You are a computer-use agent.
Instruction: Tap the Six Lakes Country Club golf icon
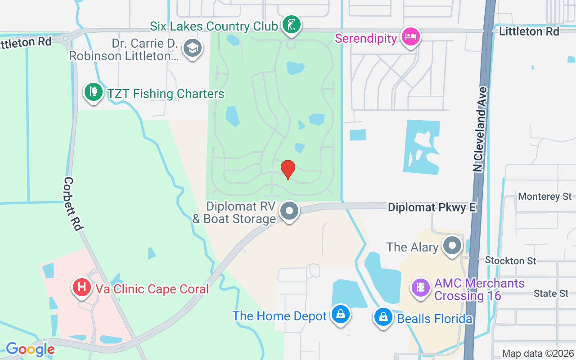tap(291, 25)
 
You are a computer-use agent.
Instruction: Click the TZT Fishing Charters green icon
tap(93, 92)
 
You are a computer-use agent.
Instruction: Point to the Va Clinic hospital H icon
tap(82, 287)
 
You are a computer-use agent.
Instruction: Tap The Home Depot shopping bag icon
tap(341, 315)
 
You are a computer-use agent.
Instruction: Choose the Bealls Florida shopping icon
tap(383, 317)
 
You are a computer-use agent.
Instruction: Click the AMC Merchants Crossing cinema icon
tap(421, 287)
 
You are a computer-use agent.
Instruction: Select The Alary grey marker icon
tap(452, 246)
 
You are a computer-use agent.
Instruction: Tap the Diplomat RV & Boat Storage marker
tap(289, 211)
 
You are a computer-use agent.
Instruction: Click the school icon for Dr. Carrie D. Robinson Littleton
tap(193, 48)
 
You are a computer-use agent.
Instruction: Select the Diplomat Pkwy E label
tap(432, 207)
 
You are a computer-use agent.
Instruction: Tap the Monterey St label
tap(544, 196)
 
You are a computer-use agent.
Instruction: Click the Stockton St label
tap(510, 261)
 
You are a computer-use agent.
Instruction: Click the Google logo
tap(30, 349)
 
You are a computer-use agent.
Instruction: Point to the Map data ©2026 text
tap(538, 353)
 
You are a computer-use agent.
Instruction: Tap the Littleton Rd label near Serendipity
tap(529, 31)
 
